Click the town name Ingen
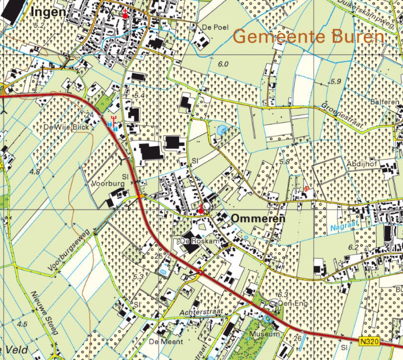tap(48, 13)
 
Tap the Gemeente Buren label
tap(309, 37)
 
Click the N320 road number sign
tap(369, 340)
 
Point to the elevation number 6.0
tap(223, 64)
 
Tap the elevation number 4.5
tap(22, 324)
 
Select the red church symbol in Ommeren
tap(201, 210)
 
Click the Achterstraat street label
tap(201, 312)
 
